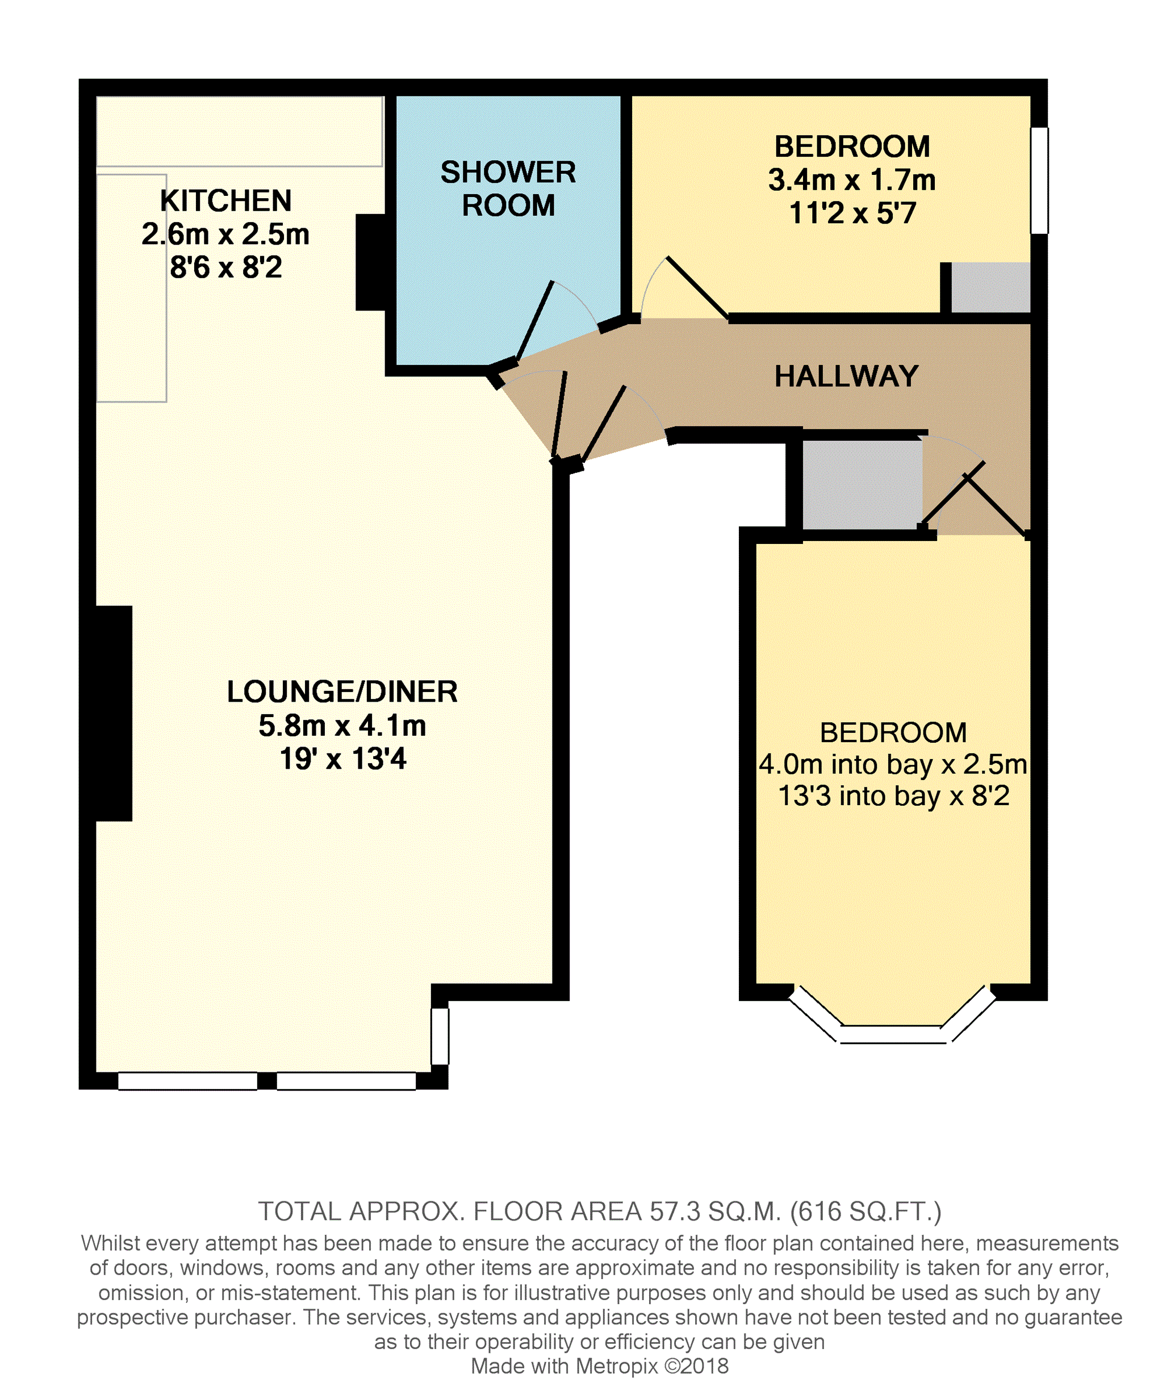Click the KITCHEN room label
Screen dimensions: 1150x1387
click(x=226, y=201)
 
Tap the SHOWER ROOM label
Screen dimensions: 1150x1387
click(x=508, y=189)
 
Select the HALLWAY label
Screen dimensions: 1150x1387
click(x=846, y=376)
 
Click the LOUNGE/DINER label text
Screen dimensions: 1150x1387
click(x=342, y=692)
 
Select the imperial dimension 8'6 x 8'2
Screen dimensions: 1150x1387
click(x=226, y=267)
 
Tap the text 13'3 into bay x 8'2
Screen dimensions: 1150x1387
click(x=893, y=795)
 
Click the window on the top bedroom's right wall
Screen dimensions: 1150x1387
click(x=1039, y=181)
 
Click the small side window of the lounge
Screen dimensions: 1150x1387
click(x=440, y=1036)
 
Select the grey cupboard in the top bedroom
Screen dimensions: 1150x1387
click(x=990, y=287)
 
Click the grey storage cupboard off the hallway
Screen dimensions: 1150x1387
click(x=862, y=485)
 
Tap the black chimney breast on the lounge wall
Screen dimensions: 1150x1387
click(x=114, y=713)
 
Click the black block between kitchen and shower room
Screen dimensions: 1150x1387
click(x=371, y=262)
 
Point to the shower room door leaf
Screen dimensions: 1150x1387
click(x=535, y=321)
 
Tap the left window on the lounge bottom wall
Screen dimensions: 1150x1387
click(x=187, y=1081)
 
